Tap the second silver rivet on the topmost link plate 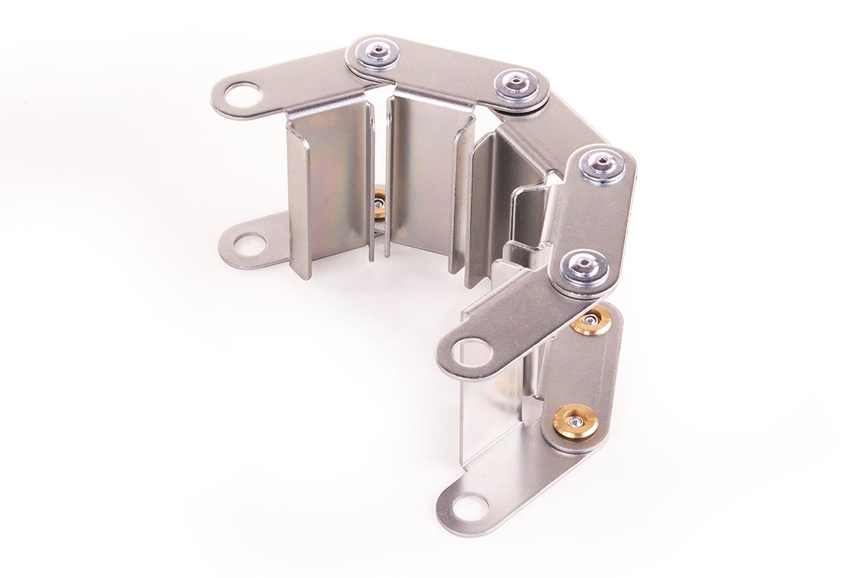517,84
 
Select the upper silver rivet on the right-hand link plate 603,166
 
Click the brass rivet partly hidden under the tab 593,321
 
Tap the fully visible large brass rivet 575,421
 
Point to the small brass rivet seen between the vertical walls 379,204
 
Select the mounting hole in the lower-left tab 249,244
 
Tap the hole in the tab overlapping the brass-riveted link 473,352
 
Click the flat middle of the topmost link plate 447,69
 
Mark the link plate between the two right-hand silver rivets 593,217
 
